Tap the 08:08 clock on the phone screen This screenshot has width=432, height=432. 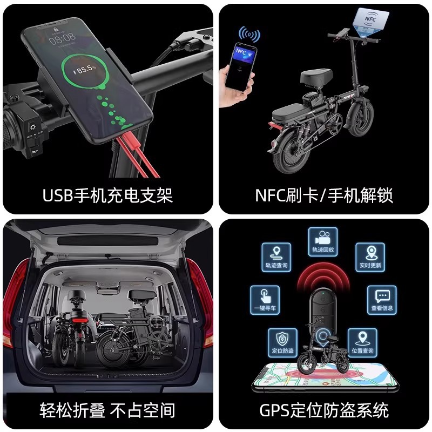[x=62, y=39]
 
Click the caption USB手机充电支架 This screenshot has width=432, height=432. [x=107, y=195]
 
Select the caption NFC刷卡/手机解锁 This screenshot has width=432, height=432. [x=324, y=195]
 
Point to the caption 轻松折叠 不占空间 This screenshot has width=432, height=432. [x=107, y=410]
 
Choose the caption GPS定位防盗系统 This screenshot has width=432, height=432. [x=324, y=410]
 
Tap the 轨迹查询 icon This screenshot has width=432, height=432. [x=276, y=257]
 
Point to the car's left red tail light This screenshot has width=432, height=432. [x=16, y=308]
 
